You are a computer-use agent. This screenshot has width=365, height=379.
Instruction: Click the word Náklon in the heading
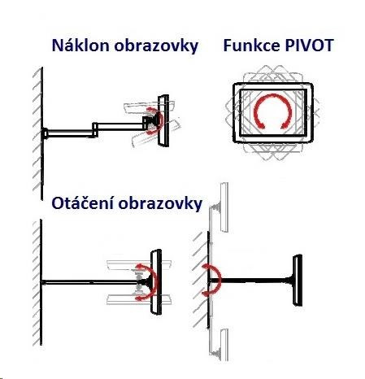80,45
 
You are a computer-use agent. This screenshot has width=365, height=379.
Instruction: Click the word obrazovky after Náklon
156,46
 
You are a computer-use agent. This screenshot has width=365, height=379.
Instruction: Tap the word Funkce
251,46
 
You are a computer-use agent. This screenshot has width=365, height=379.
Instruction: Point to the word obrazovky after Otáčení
160,203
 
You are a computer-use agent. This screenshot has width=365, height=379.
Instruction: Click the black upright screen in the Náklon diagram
163,120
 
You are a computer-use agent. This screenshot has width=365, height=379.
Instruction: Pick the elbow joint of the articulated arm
95,129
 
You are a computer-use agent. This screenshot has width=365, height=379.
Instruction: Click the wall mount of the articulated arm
45,133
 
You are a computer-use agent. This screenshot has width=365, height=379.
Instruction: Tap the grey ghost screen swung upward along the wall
219,207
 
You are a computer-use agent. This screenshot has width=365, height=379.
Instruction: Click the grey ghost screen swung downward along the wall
219,345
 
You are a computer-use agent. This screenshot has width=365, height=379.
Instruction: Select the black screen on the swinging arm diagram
298,280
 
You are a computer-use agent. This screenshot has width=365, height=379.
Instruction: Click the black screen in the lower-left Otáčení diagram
156,282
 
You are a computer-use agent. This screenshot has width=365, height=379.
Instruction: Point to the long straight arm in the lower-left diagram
91,282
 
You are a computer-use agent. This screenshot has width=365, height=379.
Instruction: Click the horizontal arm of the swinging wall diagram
250,281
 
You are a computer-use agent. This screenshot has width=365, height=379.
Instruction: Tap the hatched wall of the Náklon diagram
38,133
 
